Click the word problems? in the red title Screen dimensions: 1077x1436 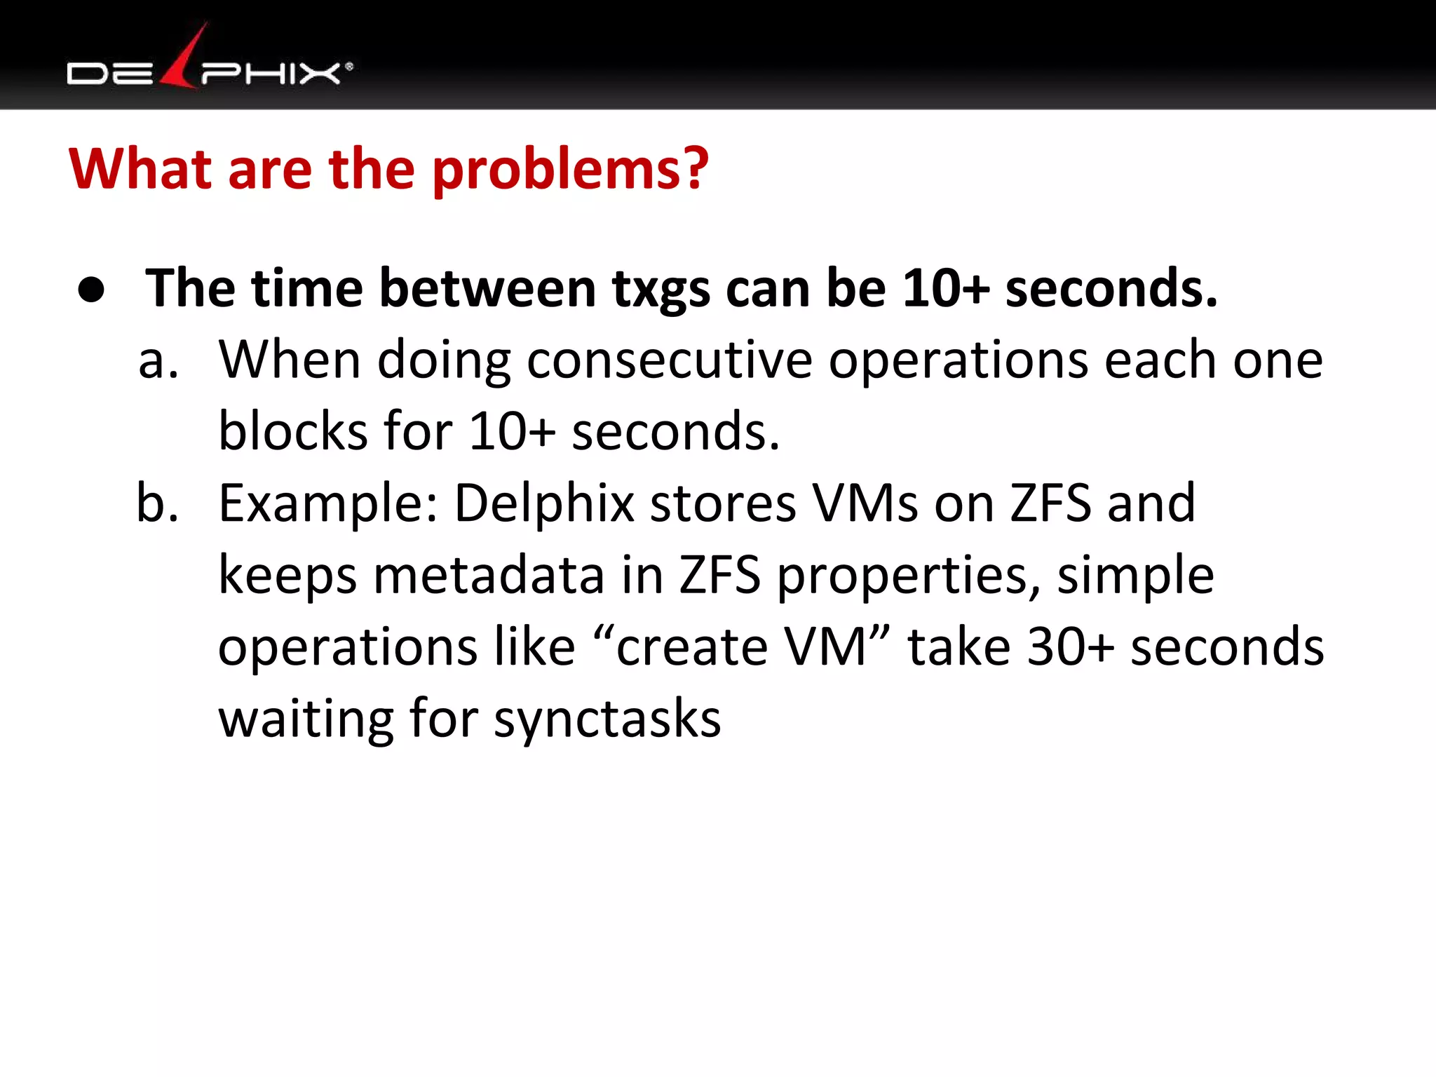570,170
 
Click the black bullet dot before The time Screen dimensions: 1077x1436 92,290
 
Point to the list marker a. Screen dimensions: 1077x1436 158,361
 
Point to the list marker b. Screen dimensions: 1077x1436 158,503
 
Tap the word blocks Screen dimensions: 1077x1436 293,431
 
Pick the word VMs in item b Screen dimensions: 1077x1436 865,503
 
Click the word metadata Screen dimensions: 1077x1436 489,575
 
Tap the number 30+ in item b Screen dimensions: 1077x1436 1069,646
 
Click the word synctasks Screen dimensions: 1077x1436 607,719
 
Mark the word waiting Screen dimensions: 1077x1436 306,719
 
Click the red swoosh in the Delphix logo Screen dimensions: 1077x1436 184,60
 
